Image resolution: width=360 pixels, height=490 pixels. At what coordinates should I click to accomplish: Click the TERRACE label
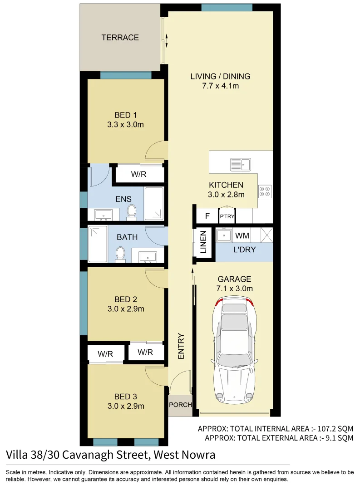click(120, 37)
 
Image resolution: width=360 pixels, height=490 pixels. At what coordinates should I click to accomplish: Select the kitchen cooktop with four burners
click(265, 191)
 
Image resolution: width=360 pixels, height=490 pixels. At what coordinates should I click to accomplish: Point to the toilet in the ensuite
click(132, 211)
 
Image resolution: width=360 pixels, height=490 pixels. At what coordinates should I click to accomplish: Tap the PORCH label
click(180, 405)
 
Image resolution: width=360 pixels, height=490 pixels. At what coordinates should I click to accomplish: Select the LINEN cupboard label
click(203, 242)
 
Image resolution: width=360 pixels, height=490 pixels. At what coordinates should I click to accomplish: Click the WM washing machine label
click(242, 236)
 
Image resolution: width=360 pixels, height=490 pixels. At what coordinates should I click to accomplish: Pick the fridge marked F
click(207, 216)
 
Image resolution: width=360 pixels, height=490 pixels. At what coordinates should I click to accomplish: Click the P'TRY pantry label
click(227, 216)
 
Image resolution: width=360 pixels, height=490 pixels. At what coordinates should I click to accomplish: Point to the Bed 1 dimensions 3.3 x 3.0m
click(125, 124)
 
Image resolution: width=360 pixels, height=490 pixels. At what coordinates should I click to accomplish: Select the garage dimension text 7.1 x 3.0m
click(234, 289)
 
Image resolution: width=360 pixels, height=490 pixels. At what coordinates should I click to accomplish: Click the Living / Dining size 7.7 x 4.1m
click(220, 86)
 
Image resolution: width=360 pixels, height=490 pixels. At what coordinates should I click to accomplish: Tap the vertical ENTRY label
click(181, 347)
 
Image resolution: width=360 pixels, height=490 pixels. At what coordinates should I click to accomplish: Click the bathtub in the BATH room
click(98, 244)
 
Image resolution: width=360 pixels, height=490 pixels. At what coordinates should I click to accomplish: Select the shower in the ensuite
click(154, 203)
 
